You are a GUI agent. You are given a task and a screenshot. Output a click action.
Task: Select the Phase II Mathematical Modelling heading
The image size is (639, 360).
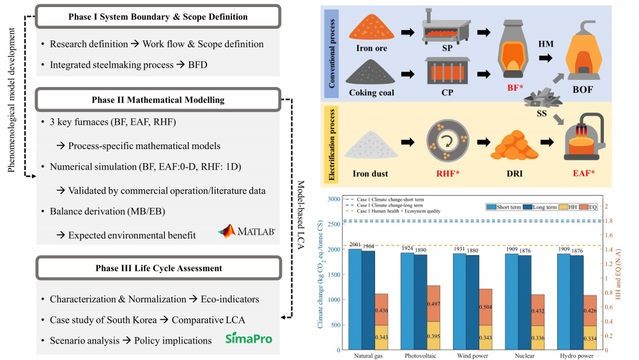pos(158,100)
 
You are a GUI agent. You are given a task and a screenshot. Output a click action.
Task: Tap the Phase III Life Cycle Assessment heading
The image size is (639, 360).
pos(158,269)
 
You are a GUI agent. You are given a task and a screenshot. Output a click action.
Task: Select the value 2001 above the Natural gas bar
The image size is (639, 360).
pos(355,245)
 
